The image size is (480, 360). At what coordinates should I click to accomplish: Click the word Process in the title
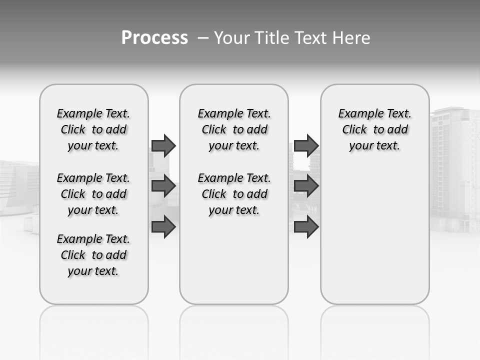click(154, 38)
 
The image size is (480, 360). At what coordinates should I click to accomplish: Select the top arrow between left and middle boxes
click(163, 145)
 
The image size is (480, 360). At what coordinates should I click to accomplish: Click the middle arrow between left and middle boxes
click(163, 186)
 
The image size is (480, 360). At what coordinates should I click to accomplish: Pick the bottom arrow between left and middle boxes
click(163, 227)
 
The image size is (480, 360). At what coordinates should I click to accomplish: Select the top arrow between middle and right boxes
click(306, 145)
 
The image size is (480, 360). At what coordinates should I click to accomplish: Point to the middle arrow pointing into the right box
click(306, 186)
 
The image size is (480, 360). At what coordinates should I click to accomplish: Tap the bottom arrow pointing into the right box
click(306, 227)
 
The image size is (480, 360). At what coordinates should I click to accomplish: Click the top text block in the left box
click(93, 129)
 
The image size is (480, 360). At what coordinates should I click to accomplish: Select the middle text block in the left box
click(93, 194)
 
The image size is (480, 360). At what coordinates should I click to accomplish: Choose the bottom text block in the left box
click(93, 255)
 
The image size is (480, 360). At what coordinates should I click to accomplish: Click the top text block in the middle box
click(234, 129)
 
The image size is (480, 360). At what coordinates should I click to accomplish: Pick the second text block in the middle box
click(234, 194)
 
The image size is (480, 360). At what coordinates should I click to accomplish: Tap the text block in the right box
click(375, 129)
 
